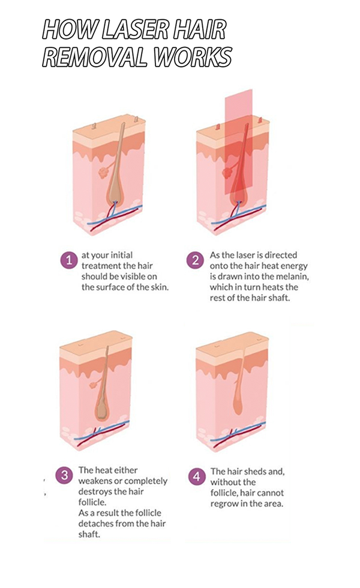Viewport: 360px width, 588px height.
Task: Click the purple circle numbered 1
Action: (69, 260)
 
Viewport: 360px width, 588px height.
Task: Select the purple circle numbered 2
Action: (195, 260)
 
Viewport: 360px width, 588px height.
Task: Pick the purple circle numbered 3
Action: (65, 475)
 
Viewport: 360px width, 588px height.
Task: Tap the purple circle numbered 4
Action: (197, 476)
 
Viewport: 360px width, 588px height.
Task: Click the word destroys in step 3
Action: (94, 491)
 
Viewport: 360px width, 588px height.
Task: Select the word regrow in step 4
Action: (224, 503)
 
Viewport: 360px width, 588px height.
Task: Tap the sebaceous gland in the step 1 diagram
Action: (103, 173)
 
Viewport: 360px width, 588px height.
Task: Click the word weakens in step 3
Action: (95, 481)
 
